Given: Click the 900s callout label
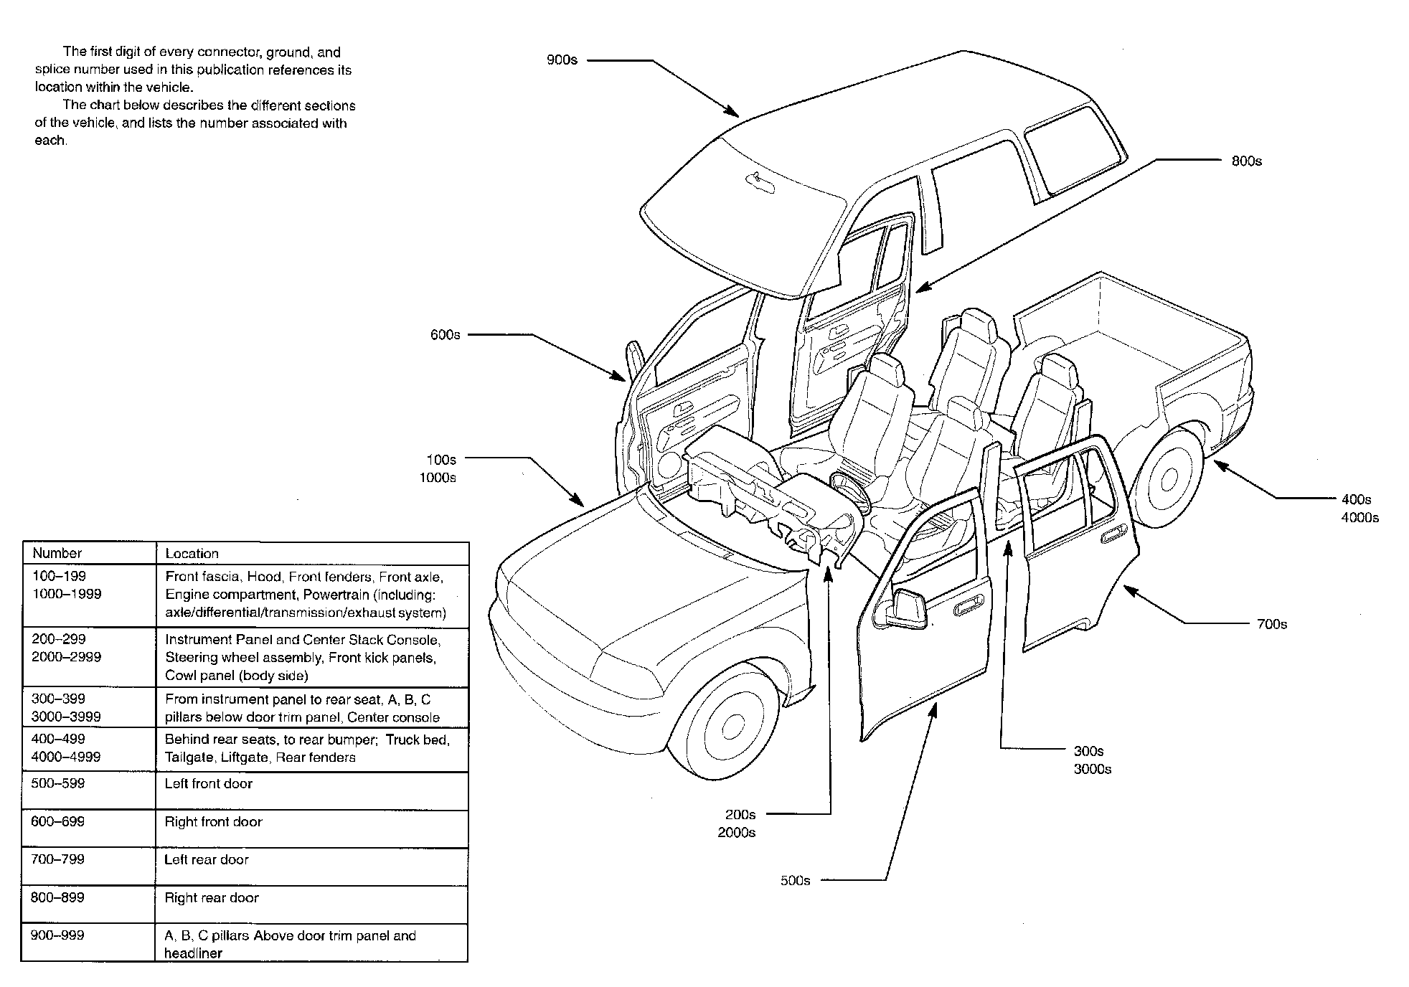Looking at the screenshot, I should click(562, 60).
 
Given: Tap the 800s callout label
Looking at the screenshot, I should click(1246, 161).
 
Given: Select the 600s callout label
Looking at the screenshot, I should click(445, 335).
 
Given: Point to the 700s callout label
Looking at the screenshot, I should click(1271, 624).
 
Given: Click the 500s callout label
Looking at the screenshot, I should click(795, 881).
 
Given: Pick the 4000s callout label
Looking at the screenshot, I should click(1359, 518).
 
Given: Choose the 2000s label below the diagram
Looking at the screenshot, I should click(736, 833).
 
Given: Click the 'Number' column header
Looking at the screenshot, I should click(57, 553).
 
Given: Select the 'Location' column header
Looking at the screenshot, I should click(192, 554).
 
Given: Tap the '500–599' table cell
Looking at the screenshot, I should click(58, 783).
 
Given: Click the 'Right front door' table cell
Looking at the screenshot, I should click(214, 822).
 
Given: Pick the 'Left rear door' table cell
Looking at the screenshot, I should click(207, 859).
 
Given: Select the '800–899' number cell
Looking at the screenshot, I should click(58, 897).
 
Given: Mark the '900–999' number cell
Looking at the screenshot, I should click(58, 935).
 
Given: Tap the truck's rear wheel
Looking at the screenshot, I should click(1168, 478).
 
